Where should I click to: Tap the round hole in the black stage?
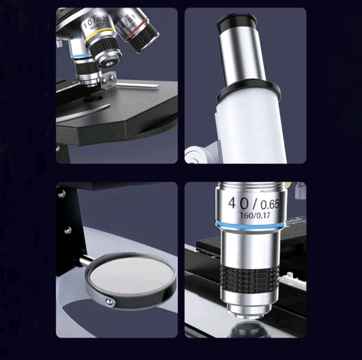coord(94,99)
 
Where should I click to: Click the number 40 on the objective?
coord(238,202)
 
